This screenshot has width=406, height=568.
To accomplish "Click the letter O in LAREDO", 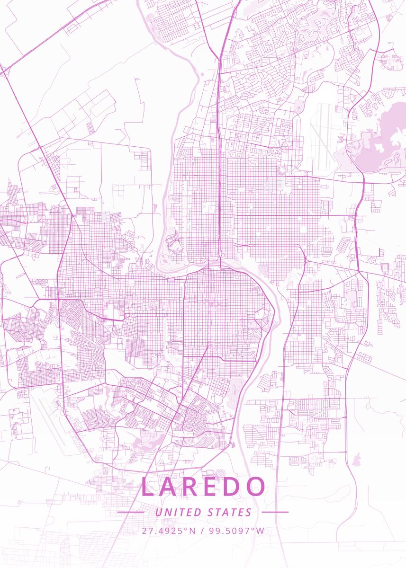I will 256,487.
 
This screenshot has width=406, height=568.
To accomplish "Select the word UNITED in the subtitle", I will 178,512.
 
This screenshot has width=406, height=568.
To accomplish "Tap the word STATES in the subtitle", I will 230,512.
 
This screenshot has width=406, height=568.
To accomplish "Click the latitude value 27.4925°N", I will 169,531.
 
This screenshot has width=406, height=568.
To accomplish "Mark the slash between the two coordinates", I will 202,531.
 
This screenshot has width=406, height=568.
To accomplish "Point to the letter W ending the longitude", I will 261,531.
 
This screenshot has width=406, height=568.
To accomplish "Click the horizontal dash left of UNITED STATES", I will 130,512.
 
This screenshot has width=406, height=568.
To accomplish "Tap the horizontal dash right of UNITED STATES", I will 275,512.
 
